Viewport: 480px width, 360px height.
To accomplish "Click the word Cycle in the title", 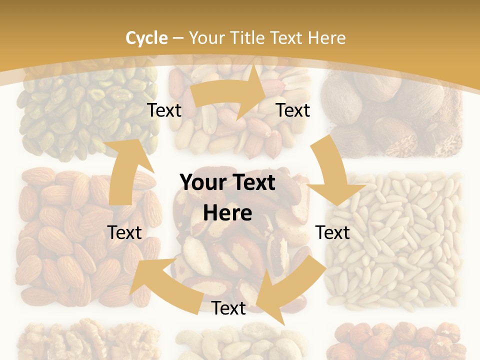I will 146,38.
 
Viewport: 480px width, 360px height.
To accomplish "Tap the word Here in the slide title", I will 326,38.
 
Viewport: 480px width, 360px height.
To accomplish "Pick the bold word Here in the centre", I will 227,213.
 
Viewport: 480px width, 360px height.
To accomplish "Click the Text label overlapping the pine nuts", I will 333,232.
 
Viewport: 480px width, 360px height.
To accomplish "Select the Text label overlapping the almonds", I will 124,232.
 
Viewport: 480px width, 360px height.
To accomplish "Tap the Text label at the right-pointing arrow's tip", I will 293,110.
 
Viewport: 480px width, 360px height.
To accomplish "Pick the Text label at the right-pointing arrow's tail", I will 164,110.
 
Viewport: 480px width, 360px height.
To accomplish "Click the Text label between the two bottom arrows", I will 228,308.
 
